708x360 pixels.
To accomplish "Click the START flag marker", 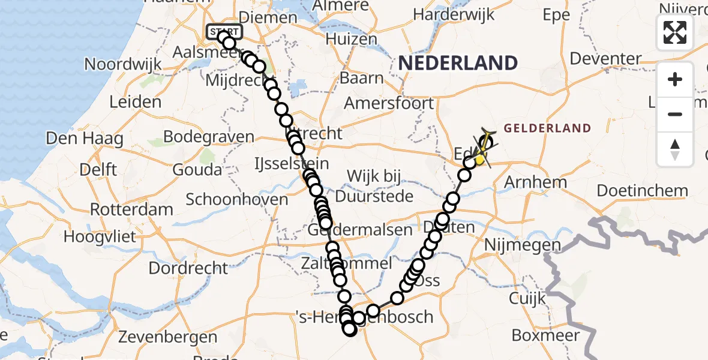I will (x=224, y=31).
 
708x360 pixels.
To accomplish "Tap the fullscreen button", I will (x=675, y=32).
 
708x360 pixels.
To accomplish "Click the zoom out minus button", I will (x=675, y=114).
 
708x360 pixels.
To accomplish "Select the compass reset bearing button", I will (x=675, y=149).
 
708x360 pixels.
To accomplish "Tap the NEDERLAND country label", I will (x=457, y=63).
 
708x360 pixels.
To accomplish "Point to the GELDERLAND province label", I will (x=547, y=128).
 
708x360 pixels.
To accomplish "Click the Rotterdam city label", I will (x=131, y=210).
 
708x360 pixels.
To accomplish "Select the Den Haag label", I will (x=85, y=139).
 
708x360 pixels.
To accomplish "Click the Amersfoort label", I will (x=389, y=103).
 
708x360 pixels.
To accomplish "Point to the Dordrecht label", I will (x=188, y=268).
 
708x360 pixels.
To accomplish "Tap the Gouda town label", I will (x=196, y=170).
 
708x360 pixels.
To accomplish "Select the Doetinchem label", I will (x=642, y=191).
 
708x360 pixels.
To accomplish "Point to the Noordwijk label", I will (x=123, y=64).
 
